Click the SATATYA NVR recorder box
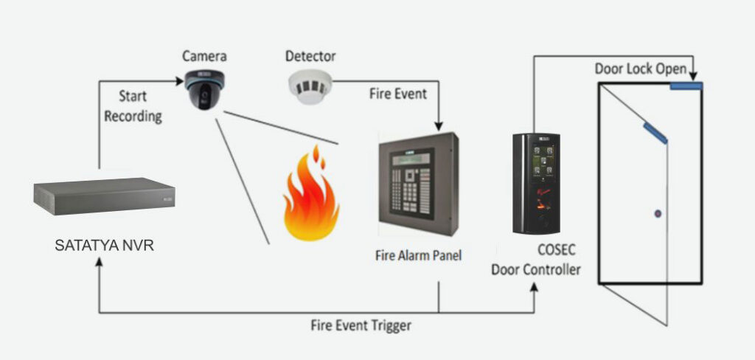(x=104, y=197)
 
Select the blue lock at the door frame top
(x=686, y=86)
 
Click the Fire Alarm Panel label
(x=418, y=256)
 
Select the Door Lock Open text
(x=641, y=69)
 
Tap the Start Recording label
(x=133, y=106)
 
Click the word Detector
(x=310, y=56)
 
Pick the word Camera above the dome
(x=204, y=56)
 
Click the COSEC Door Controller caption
(x=536, y=261)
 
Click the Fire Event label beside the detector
(x=398, y=94)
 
